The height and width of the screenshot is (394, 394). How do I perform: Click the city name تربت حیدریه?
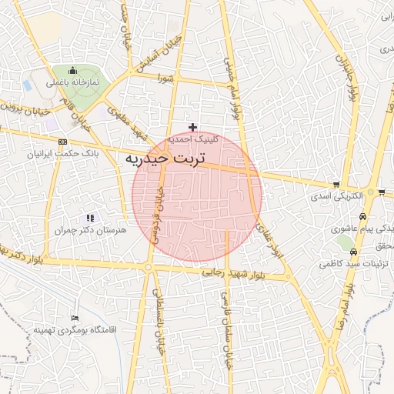pos(164,160)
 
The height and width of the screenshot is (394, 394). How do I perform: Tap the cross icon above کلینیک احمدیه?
pos(192,127)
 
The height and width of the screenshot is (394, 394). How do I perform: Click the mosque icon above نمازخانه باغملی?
pos(72,71)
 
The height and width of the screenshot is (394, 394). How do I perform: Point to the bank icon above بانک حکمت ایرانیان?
pos(62,142)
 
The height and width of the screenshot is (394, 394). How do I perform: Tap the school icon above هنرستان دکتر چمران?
pos(91,218)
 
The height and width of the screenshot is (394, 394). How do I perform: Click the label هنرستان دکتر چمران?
pos(91,230)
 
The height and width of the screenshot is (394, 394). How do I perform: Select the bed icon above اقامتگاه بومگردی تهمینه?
pos(75,318)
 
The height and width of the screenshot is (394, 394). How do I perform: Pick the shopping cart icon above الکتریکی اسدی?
pos(336,185)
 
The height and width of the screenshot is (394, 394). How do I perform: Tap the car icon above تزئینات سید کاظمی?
pos(353,252)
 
